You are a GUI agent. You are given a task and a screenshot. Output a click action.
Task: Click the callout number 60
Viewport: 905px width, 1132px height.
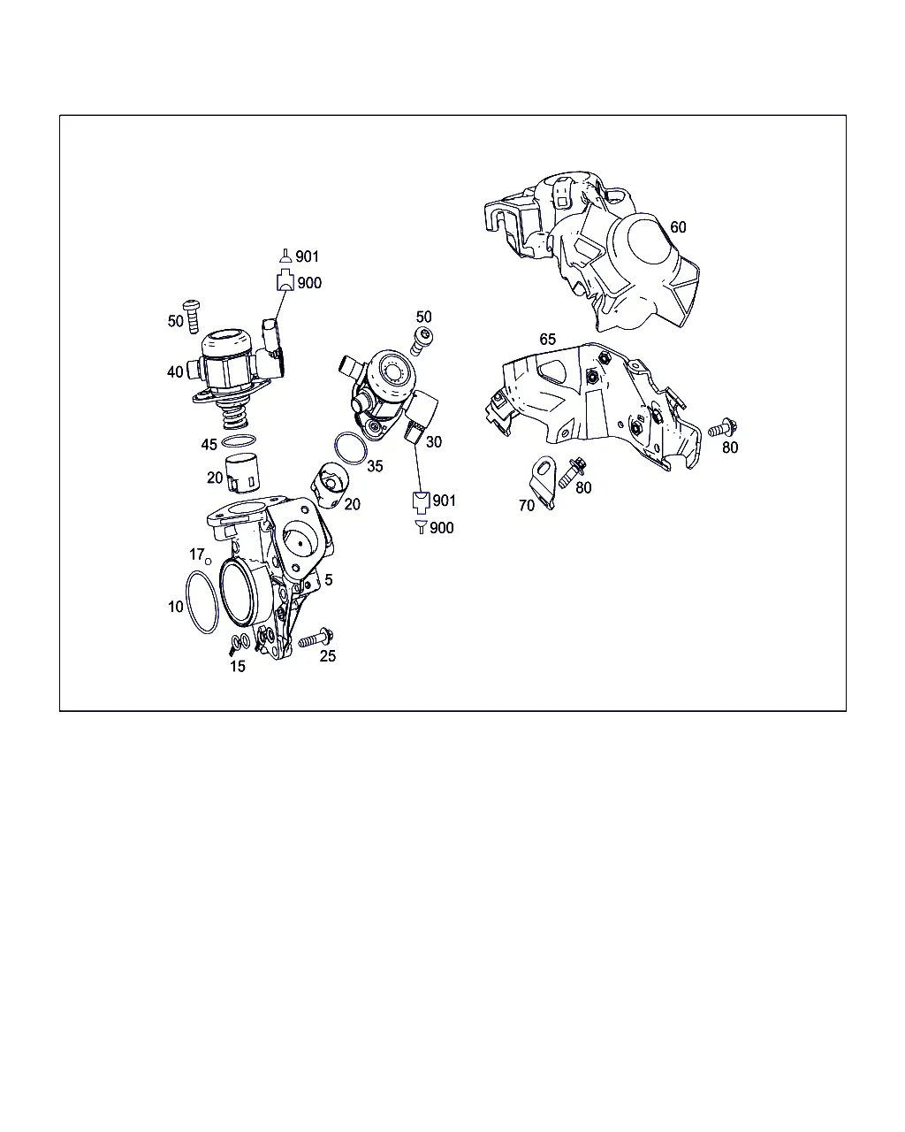tap(678, 227)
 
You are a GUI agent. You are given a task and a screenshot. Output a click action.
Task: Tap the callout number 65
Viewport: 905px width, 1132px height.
tap(547, 340)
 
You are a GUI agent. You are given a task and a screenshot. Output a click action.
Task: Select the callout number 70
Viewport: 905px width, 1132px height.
tap(527, 506)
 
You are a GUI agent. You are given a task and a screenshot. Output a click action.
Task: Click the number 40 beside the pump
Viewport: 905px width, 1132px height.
tap(175, 372)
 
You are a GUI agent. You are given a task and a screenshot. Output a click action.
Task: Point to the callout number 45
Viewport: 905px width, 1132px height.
tap(209, 445)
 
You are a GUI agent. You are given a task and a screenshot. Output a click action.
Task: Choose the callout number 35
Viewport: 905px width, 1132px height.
tap(375, 466)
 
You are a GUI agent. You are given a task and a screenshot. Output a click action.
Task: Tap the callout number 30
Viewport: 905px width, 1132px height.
tap(434, 442)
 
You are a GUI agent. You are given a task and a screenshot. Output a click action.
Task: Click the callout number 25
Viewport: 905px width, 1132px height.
tap(328, 656)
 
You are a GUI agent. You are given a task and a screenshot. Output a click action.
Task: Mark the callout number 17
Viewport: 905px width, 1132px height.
tap(197, 555)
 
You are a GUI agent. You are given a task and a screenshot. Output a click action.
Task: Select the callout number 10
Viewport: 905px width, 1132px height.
tap(176, 607)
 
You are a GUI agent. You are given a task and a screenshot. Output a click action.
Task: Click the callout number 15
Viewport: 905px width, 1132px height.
tap(238, 667)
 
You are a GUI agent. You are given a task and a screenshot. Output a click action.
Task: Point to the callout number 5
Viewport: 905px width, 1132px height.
tap(329, 579)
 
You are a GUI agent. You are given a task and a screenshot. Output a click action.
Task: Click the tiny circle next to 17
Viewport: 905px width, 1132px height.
tap(209, 562)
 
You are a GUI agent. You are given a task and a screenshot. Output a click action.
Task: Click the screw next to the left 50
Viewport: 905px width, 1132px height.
tap(192, 317)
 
